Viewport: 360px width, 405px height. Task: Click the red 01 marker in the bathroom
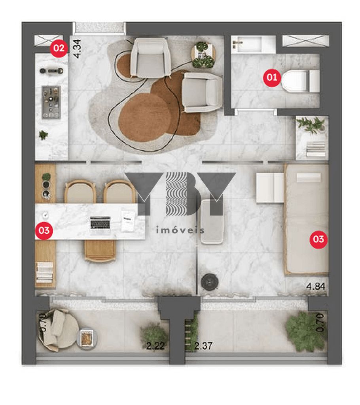[272, 78]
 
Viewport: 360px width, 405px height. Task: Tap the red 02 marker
[59, 48]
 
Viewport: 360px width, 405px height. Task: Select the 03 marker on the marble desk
[44, 231]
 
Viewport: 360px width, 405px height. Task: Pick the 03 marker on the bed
[318, 239]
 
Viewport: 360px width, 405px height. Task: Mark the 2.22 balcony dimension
[155, 346]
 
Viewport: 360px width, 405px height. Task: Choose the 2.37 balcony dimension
[204, 346]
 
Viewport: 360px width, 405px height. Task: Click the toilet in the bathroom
[299, 80]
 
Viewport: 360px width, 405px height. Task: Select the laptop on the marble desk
[100, 223]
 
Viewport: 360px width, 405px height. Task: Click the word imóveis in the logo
[180, 230]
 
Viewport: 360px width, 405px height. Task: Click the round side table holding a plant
[204, 54]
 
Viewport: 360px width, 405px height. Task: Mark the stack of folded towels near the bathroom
[316, 149]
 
